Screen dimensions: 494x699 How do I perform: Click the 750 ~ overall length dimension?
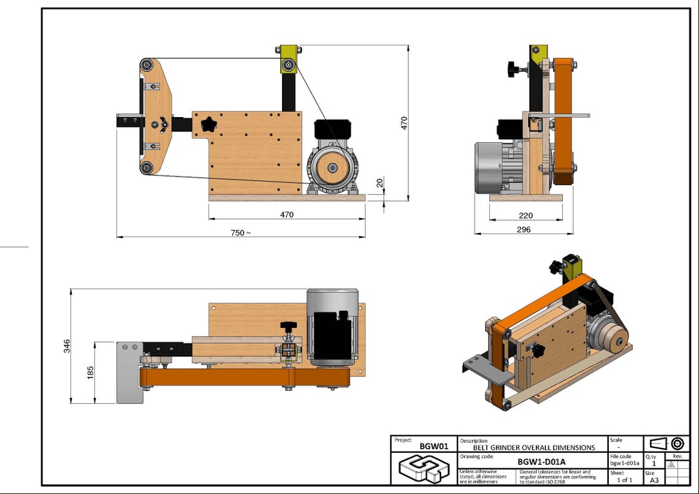click(x=240, y=233)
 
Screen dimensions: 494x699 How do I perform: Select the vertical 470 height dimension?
click(x=404, y=123)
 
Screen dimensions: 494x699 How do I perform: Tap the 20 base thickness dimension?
click(x=380, y=183)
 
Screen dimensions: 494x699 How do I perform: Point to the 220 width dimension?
click(x=525, y=215)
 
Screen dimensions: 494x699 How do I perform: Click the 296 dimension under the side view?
click(x=523, y=230)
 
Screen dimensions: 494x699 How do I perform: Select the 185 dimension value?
click(x=91, y=373)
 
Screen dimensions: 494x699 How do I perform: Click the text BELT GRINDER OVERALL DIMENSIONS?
click(x=533, y=447)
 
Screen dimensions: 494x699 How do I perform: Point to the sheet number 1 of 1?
click(x=625, y=480)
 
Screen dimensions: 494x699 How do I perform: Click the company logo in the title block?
click(x=424, y=469)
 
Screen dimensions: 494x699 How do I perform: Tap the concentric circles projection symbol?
click(x=678, y=443)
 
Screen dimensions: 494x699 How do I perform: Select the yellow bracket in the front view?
click(x=288, y=59)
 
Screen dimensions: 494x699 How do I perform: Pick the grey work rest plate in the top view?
click(x=129, y=373)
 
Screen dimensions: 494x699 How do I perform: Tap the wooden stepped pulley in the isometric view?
click(x=613, y=338)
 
